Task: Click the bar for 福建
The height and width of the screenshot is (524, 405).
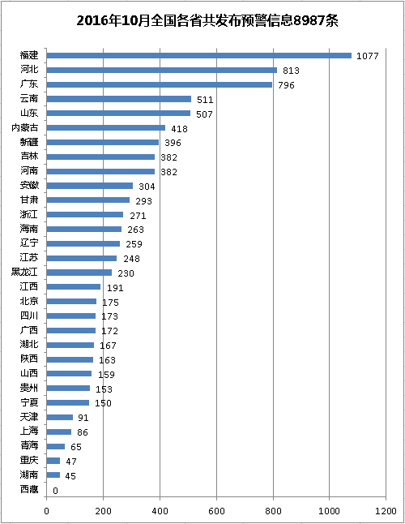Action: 198,55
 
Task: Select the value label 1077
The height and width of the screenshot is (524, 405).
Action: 367,56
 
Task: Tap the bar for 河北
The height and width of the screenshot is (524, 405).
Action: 162,70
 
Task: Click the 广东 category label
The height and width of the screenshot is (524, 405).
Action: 29,84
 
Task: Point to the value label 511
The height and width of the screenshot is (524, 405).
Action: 205,100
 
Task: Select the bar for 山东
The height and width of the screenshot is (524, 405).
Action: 118,114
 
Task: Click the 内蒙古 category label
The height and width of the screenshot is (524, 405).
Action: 24,127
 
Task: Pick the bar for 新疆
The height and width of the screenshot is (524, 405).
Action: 103,143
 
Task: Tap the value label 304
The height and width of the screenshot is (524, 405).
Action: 147,187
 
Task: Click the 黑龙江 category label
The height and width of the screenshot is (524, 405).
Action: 24,272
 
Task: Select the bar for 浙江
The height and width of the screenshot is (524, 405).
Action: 85,214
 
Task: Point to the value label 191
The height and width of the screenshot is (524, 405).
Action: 115,288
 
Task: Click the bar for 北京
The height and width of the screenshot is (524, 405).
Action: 71,302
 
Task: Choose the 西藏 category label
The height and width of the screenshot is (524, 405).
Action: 29,489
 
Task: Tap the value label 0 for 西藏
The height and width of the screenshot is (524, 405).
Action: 55,491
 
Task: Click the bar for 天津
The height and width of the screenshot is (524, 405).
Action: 60,417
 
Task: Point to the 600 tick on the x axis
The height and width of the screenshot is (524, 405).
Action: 216,511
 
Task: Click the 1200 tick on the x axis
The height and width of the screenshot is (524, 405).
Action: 386,511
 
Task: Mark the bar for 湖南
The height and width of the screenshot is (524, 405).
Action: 53,475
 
